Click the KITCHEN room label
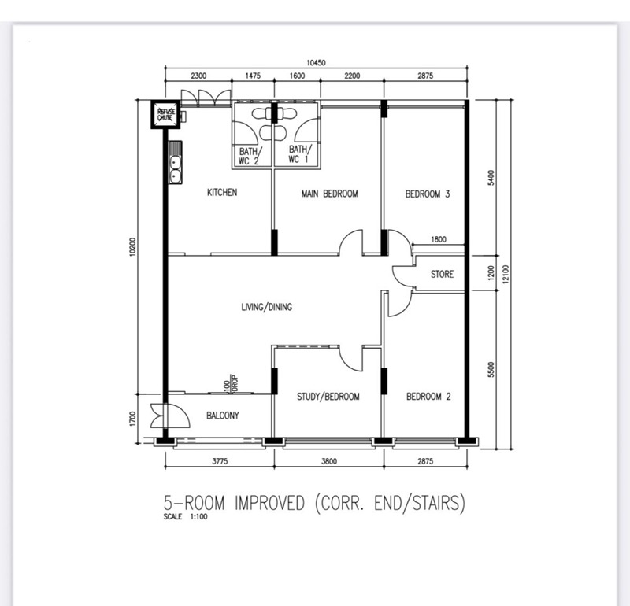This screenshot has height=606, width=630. tap(222, 192)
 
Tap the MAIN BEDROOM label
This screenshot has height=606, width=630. tap(329, 194)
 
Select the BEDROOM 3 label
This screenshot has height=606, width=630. tap(428, 194)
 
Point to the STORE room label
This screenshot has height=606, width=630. tap(442, 275)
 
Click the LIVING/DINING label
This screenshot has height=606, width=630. tap(267, 307)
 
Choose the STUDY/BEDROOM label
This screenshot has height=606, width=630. tap(328, 397)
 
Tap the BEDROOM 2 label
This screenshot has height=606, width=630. tap(428, 397)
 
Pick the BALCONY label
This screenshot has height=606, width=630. tap(223, 416)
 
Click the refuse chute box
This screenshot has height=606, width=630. tap(166, 114)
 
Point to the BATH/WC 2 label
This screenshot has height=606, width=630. tap(250, 157)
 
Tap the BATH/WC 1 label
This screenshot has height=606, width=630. tap(299, 154)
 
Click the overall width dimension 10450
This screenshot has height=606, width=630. tap(316, 63)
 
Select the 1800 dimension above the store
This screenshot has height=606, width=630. tap(439, 239)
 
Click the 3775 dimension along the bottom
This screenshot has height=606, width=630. tap(220, 461)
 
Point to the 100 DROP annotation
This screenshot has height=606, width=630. tap(231, 384)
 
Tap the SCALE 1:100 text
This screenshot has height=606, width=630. tap(185, 517)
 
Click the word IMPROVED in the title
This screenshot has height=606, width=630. tap(269, 503)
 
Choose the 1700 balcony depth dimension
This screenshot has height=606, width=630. tap(133, 419)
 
